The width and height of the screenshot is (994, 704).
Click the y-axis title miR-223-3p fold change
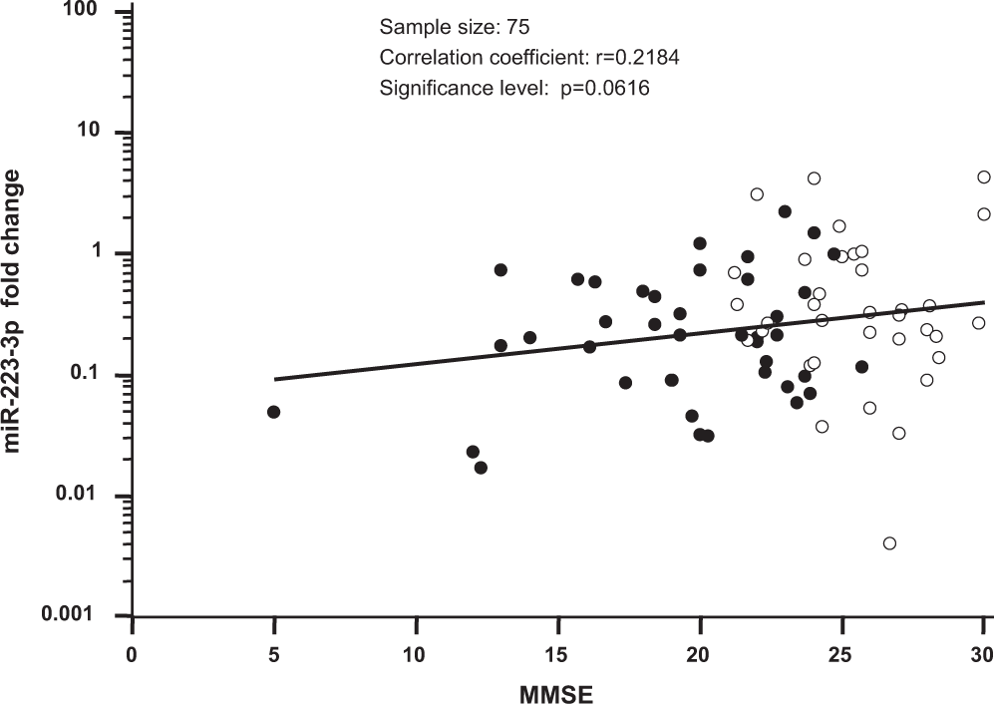coord(14,310)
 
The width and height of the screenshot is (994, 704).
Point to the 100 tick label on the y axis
coord(92,12)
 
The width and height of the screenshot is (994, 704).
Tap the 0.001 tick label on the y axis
coord(81,616)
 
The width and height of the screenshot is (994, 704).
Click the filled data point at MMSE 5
coord(273,412)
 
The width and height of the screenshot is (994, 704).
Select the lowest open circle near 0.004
coord(889,543)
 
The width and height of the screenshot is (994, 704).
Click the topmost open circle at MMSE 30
coord(984,176)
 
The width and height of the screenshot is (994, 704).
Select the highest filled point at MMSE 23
coord(785,211)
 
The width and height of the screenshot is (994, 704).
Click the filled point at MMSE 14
coord(529,337)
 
